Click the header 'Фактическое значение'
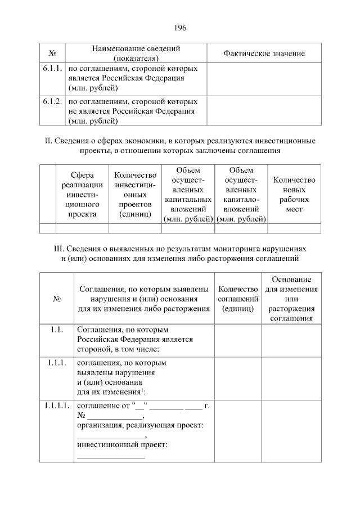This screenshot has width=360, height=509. click(264, 53)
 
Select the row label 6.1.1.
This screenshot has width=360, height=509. click(52, 69)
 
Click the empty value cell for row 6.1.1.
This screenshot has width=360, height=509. click(264, 78)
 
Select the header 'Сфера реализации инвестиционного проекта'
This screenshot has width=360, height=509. click(82, 194)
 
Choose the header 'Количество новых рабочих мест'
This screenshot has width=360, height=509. click(294, 194)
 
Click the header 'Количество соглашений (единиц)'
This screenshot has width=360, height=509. click(237, 299)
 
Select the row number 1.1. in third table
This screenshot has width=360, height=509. click(56, 330)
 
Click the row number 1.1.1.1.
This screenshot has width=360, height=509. click(56, 405)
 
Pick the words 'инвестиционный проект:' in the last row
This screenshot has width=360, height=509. click(123, 445)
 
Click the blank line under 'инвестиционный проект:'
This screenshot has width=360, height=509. click(111, 457)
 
